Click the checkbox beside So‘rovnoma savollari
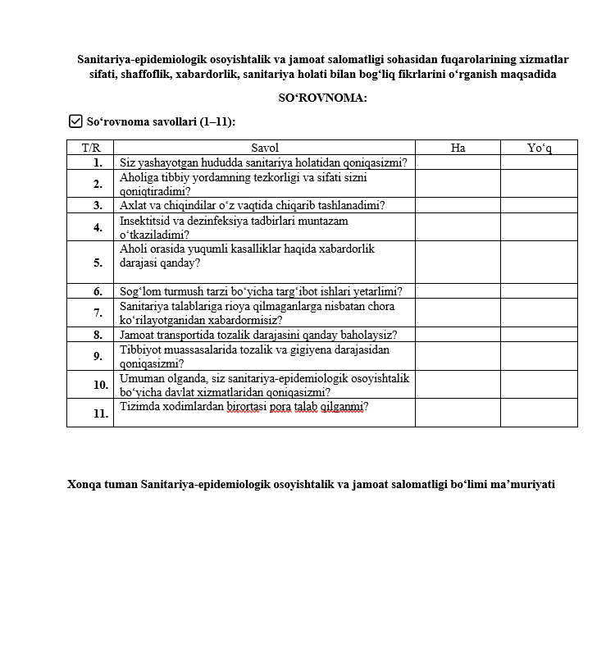[76, 121]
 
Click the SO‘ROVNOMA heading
[322, 98]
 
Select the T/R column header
[90, 148]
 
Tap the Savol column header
[265, 148]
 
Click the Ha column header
[458, 148]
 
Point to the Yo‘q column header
[539, 148]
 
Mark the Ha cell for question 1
[458, 162]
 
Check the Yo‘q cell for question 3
[539, 205]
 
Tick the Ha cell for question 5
[458, 263]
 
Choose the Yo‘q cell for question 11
[539, 413]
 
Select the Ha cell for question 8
[458, 335]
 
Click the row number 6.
[98, 291]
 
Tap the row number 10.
[100, 385]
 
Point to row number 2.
[98, 184]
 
